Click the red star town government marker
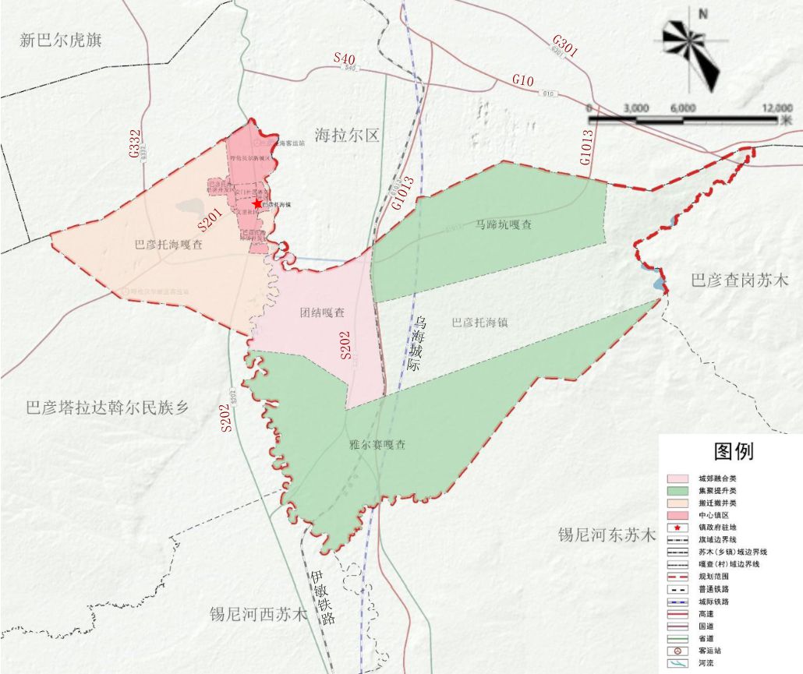257,203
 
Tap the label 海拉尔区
347,136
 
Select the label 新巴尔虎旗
61,41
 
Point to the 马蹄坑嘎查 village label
504,224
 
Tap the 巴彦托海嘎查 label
168,244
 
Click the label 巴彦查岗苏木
740,281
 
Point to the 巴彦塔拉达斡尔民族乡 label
107,407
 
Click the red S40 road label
344,58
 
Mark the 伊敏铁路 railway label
321,598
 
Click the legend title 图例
734,451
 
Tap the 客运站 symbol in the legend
677,651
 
